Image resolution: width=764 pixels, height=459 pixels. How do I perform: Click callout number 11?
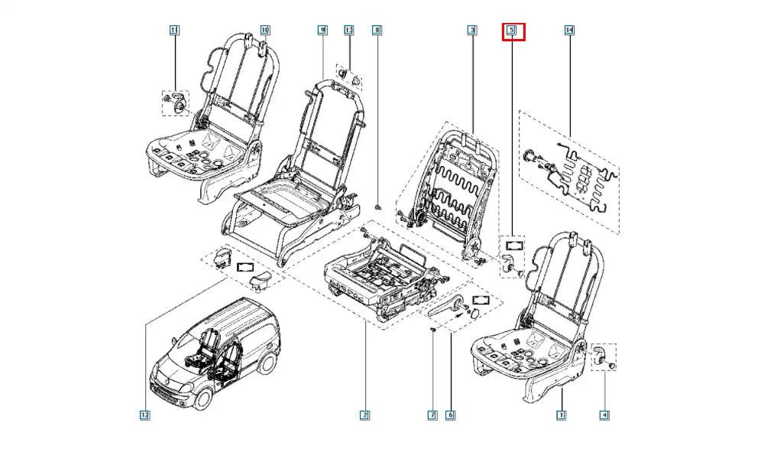tap(173, 31)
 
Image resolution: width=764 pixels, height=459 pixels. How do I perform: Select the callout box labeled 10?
tap(265, 31)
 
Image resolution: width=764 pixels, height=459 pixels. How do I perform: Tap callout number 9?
tap(322, 31)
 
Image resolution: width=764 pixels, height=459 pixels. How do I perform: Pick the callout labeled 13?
tap(349, 31)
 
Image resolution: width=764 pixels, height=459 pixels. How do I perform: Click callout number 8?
tap(377, 31)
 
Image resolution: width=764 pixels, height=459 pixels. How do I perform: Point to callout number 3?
tap(472, 31)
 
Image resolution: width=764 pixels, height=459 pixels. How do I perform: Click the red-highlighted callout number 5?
tap(513, 31)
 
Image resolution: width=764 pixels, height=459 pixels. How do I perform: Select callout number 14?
tap(569, 31)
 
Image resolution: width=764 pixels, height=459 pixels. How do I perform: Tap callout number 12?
tap(144, 415)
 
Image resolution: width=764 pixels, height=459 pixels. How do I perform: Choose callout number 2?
tap(365, 415)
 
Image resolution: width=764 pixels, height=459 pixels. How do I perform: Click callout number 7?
tap(432, 415)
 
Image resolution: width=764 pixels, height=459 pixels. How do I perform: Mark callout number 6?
tap(450, 415)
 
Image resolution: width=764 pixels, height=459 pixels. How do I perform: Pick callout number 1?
tap(561, 415)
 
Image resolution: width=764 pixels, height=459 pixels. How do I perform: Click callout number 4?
tap(604, 415)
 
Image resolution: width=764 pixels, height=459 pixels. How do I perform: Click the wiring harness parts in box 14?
tap(573, 176)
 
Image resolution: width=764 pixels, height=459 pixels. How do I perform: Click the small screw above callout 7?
tap(433, 329)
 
